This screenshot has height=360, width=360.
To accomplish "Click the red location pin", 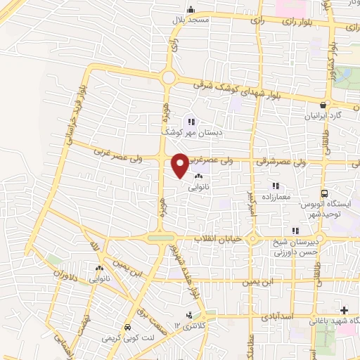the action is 181,164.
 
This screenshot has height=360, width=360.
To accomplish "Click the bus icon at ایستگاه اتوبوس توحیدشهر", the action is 324,194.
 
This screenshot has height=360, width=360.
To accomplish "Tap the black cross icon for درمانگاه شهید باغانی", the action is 344,310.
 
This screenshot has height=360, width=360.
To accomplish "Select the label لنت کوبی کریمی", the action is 127,338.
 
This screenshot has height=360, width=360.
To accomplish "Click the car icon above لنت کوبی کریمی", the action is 127,328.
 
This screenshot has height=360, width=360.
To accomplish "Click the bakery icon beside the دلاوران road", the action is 98,268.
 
